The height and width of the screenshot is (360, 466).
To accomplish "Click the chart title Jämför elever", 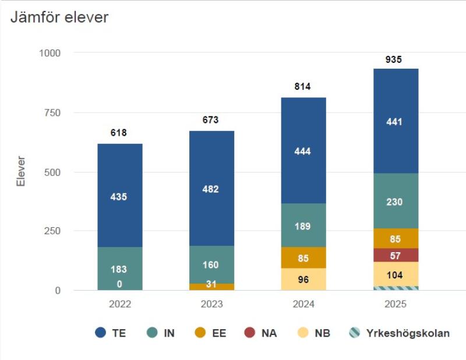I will point(59,17).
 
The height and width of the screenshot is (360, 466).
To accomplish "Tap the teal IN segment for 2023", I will point(210,264).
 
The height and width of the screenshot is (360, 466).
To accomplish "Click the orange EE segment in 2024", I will point(303,257).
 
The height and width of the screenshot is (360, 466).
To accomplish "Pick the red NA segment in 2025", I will point(396,255).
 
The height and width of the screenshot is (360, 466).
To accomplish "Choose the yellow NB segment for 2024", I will point(303,279).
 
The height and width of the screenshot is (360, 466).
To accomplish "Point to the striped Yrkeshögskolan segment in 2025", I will point(396,288).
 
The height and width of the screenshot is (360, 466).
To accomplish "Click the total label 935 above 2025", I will point(394,59).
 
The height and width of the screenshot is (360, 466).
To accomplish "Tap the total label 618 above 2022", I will point(119,133).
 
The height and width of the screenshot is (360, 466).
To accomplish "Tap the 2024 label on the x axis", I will point(303,304).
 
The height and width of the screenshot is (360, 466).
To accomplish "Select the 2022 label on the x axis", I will point(119,304).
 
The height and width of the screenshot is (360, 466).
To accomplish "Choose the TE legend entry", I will point(111,334).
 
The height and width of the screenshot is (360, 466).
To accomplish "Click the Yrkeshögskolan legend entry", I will point(399,334).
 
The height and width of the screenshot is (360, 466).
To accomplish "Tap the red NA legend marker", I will point(250,334).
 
